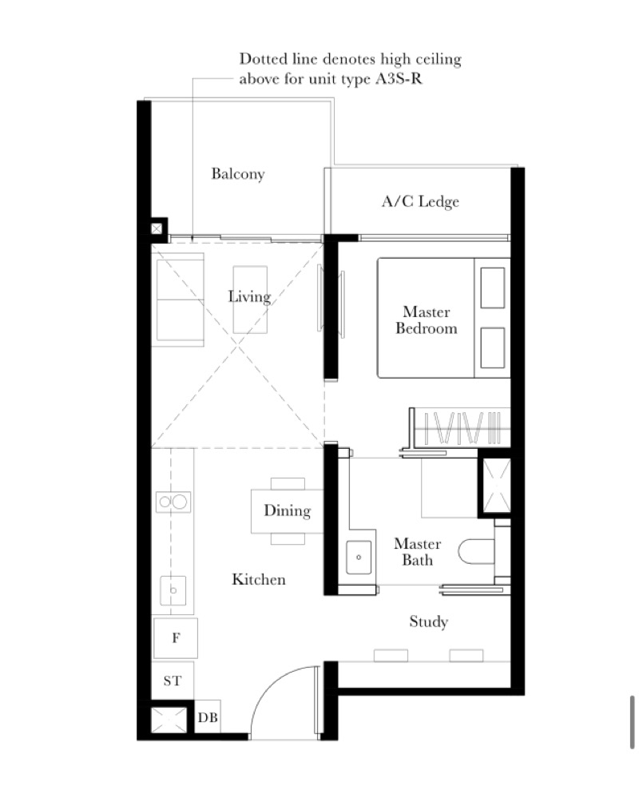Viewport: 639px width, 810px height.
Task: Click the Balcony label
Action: [238, 174]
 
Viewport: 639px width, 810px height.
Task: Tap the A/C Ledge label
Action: [420, 201]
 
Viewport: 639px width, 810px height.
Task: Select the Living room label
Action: [249, 297]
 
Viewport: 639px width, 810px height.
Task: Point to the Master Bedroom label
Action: [427, 320]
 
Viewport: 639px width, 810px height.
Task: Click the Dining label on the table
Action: [288, 511]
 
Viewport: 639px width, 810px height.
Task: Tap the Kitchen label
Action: [259, 579]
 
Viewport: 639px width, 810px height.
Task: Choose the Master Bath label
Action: [417, 552]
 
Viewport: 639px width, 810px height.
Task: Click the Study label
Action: [429, 621]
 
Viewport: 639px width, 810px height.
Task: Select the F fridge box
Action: [175, 638]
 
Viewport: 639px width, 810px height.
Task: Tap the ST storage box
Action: [173, 681]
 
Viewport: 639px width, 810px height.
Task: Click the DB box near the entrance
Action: [208, 718]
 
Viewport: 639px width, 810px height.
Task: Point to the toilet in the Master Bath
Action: [476, 552]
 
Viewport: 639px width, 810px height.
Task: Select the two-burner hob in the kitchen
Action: [173, 502]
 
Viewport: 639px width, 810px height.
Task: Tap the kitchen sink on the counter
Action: [173, 590]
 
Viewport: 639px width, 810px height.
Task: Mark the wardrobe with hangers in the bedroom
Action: [460, 427]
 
